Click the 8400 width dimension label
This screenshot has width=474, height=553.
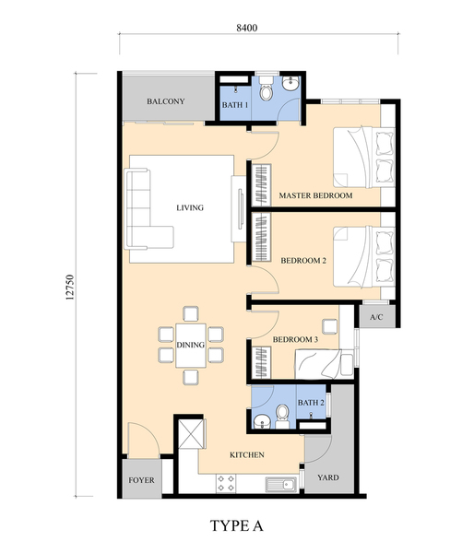point(247,28)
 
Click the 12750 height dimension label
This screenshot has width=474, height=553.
point(70,287)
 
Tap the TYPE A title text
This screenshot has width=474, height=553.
point(236,525)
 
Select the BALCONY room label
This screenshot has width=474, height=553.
point(165,101)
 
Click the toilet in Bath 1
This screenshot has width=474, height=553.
point(267,89)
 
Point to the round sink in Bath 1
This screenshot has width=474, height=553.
point(290,84)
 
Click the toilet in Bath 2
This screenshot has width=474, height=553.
point(282,416)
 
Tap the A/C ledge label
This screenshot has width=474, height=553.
point(376,317)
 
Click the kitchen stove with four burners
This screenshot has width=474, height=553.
point(226,484)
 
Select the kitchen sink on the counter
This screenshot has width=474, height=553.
point(281,484)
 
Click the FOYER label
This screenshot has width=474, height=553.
point(141,480)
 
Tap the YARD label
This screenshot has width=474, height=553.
point(328,477)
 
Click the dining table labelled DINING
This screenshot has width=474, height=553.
point(191,346)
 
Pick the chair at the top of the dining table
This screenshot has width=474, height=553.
point(191,314)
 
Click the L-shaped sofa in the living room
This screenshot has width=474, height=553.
point(148,210)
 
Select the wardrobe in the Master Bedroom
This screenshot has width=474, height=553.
point(262,184)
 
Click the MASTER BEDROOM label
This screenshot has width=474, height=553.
point(315,195)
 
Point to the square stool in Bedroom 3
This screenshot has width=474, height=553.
point(329,326)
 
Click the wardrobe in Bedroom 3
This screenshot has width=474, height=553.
point(262,362)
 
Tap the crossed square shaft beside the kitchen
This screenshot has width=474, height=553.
point(191,433)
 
